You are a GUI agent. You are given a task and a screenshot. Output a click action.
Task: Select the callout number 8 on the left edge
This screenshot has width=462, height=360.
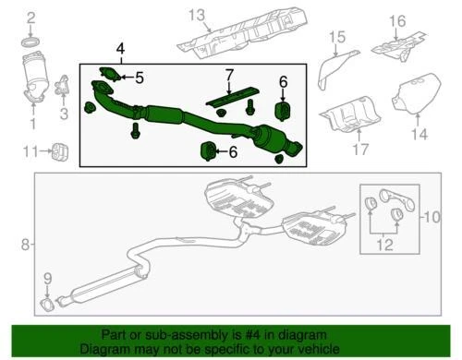(x=25, y=245)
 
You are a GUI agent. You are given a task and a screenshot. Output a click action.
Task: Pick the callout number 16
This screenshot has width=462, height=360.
(x=395, y=21)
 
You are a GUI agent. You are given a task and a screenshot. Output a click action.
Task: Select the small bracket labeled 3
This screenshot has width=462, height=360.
(x=64, y=88)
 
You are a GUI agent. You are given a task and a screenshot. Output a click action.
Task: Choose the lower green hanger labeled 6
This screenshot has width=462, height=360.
(x=210, y=150)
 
